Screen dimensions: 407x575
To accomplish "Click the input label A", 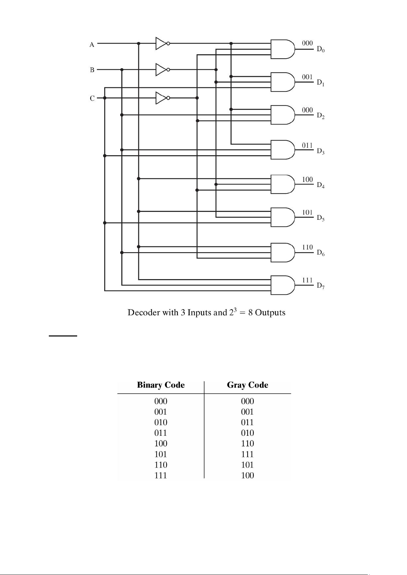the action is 92,45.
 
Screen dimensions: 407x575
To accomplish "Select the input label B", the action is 92,70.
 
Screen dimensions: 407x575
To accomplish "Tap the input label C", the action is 92,98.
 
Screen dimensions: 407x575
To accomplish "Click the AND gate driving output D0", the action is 283,49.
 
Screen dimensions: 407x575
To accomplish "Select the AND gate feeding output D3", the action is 283,150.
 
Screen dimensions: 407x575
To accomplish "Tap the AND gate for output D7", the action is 283,285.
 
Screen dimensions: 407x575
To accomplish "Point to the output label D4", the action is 321,185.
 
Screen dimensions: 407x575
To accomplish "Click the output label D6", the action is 321,253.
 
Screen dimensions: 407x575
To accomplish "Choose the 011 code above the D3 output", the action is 307,145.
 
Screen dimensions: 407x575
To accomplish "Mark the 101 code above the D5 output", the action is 307,212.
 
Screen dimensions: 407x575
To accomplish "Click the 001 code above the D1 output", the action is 307,77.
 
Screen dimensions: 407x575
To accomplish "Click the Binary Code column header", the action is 161,385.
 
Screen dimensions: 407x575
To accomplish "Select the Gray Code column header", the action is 248,385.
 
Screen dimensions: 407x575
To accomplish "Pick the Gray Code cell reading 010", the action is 248,433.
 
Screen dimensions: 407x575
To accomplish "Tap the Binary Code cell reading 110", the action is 161,465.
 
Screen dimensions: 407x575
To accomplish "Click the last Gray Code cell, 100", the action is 248,475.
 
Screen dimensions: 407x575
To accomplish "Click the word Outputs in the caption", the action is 270,313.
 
